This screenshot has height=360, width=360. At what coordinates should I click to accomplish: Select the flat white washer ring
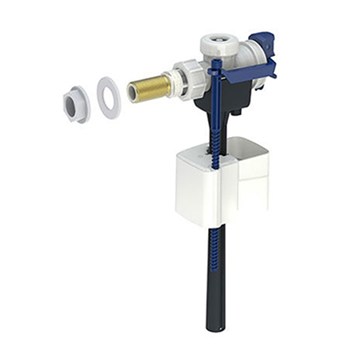pyautogui.click(x=109, y=97)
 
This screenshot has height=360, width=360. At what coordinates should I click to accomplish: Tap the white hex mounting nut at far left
pyautogui.click(x=76, y=104)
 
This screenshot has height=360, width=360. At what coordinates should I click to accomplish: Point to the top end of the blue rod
pyautogui.click(x=213, y=64)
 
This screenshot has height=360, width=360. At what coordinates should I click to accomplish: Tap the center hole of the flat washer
pyautogui.click(x=108, y=96)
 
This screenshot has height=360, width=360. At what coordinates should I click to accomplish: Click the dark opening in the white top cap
pyautogui.click(x=219, y=43)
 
